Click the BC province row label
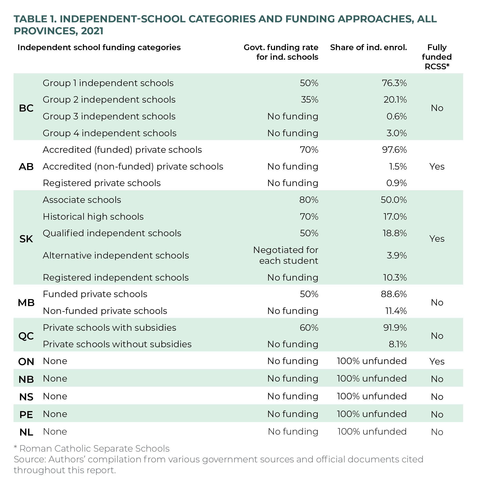(26, 108)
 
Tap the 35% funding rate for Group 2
(309, 100)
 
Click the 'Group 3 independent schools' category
(109, 116)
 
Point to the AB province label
(26, 167)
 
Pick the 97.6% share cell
(394, 150)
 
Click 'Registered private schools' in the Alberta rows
(102, 183)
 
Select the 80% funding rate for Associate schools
(309, 200)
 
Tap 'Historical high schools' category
(93, 217)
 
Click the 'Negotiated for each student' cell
(286, 255)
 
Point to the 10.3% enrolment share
(395, 277)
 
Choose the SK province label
(26, 239)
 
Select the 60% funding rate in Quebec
(309, 327)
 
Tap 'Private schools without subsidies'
(117, 344)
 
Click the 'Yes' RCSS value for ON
(437, 361)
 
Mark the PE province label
(26, 414)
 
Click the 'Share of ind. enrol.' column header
(368, 47)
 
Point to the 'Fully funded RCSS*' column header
(437, 57)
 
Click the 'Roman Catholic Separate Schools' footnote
(92, 449)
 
